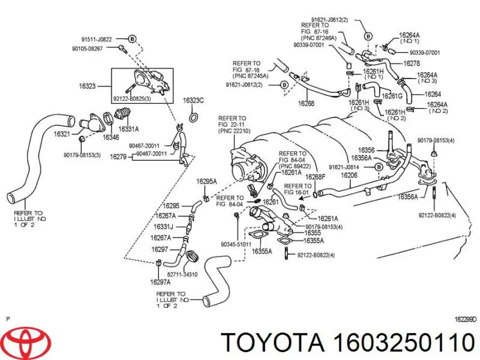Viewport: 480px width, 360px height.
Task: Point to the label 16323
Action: pyautogui.click(x=88, y=86)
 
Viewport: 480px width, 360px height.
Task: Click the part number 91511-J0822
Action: pyautogui.click(x=97, y=39)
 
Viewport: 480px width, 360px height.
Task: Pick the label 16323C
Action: pyautogui.click(x=193, y=100)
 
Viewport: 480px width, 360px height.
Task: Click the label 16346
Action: pyautogui.click(x=110, y=137)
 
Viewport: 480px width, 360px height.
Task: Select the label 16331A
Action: pyautogui.click(x=128, y=128)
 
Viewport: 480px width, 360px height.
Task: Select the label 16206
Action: pyautogui.click(x=349, y=176)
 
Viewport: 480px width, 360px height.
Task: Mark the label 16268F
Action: pyautogui.click(x=314, y=177)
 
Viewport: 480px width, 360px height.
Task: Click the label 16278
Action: pyautogui.click(x=411, y=63)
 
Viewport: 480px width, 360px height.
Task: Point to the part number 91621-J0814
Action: pyautogui.click(x=344, y=167)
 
